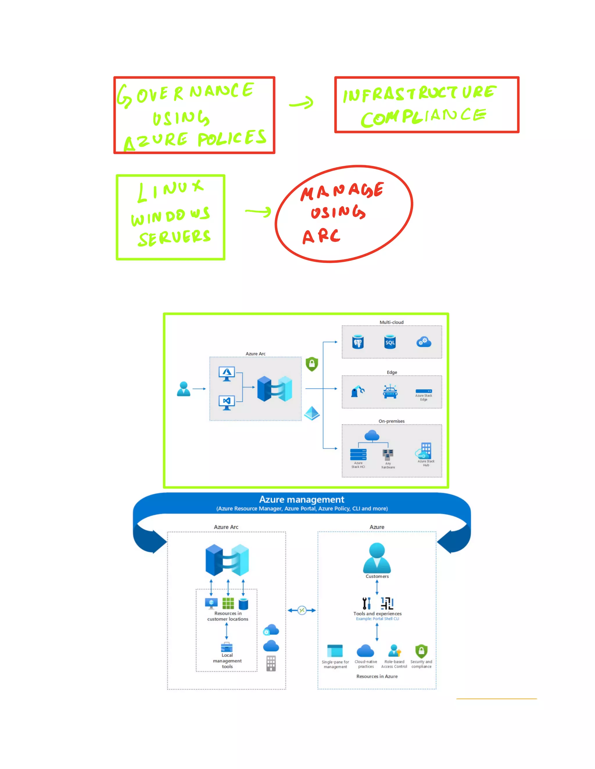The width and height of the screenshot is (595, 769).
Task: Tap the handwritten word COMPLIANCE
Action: (x=423, y=117)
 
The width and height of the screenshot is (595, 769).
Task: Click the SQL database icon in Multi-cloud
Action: (x=390, y=342)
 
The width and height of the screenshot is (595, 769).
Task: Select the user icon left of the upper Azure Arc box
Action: (x=184, y=389)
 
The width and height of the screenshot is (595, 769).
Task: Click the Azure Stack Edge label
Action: (x=423, y=398)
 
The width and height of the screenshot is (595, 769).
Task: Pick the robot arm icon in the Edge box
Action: (x=357, y=391)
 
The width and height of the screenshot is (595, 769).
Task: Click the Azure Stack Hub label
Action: (x=426, y=463)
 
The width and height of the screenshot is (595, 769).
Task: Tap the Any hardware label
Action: (x=388, y=465)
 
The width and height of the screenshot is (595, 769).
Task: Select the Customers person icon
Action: (x=377, y=557)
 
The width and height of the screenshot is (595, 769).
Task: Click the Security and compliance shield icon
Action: (x=421, y=651)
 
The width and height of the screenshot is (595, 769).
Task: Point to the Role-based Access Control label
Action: (x=394, y=664)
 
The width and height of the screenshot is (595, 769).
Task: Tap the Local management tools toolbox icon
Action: (x=227, y=647)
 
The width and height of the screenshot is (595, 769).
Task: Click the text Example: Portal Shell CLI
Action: (x=377, y=619)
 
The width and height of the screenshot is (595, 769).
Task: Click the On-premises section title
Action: (x=391, y=421)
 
